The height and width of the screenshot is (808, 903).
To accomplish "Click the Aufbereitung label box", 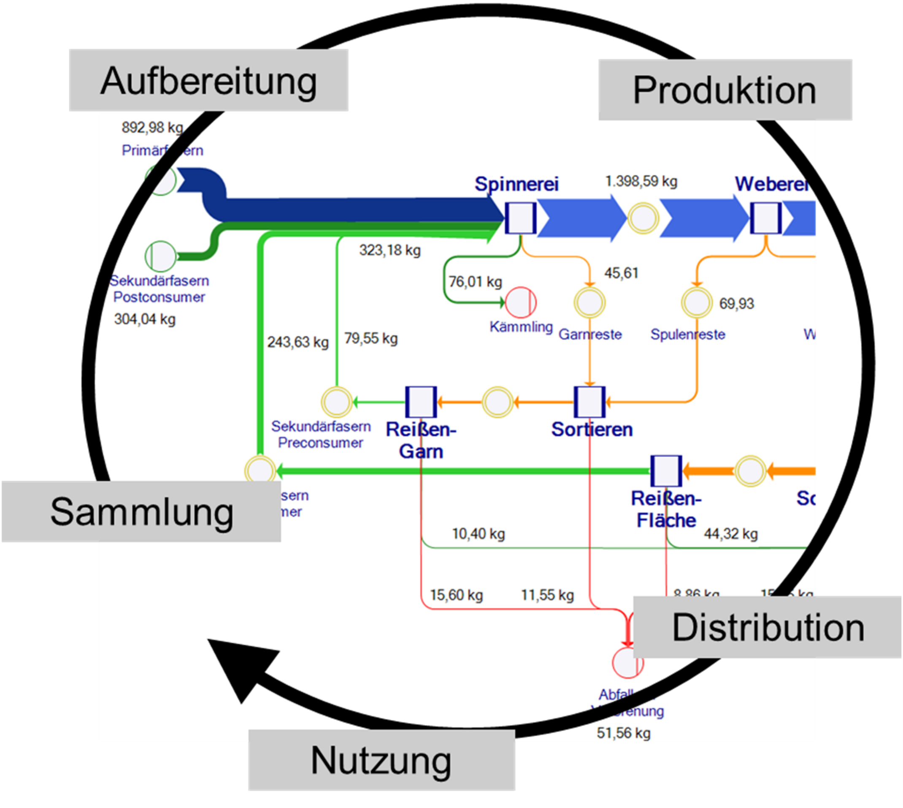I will point(208,80).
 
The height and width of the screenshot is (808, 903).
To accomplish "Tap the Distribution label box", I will point(767,627).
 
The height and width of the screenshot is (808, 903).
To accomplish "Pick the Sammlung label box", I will point(141,511).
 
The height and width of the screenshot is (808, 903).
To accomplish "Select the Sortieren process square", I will point(589,402).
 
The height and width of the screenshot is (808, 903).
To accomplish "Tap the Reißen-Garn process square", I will point(420,402).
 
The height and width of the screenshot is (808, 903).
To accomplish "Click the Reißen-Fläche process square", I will point(666,471).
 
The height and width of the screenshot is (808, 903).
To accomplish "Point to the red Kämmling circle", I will point(521,302).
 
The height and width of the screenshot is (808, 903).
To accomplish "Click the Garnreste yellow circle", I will point(589,302).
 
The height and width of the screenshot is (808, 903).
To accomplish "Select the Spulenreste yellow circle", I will point(696,302).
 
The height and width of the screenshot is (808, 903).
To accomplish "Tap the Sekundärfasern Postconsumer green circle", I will point(160,256).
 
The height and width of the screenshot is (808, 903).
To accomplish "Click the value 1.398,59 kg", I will point(641,181).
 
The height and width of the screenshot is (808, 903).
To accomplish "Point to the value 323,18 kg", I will point(390,250).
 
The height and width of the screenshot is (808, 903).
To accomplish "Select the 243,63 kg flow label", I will point(297,342).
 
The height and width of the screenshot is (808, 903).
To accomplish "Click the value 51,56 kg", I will point(623,733).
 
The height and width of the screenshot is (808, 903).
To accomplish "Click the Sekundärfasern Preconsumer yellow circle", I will point(336,402).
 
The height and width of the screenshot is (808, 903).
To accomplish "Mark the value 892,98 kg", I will point(152,128).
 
